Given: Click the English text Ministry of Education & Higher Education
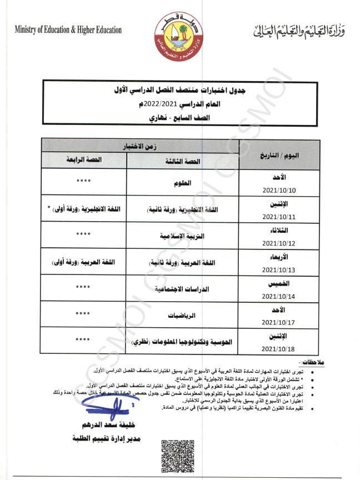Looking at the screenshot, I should pos(68,30).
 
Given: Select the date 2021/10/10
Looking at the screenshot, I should pos(279,190).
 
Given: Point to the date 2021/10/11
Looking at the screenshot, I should pos(279,217).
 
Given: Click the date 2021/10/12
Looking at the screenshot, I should pos(279,243).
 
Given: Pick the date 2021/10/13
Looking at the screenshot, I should pos(279,269).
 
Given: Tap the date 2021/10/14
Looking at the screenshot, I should pos(279,296).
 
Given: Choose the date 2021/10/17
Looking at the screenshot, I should pos(279,322).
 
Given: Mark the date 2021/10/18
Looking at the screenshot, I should pos(279,348).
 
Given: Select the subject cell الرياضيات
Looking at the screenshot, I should pos(182,314).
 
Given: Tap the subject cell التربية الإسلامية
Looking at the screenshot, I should pos(182,236).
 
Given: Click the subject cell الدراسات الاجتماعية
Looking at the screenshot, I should pos(182,289).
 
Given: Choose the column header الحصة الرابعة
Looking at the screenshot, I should pos(84,161).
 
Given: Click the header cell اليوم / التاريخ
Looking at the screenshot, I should pos(279,154).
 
